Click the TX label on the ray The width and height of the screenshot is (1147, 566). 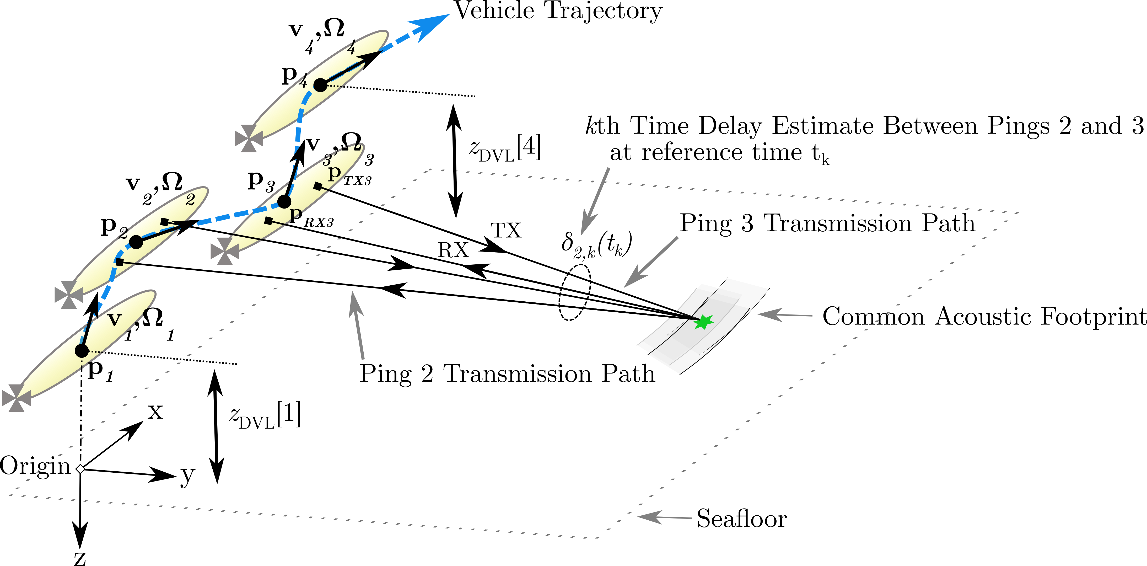click(506, 231)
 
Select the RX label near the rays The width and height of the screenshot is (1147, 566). click(453, 250)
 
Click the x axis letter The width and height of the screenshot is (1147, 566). click(155, 412)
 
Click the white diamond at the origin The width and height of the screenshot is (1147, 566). click(80, 468)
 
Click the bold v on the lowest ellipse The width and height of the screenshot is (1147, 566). click(114, 319)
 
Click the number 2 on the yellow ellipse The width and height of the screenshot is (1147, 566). click(190, 200)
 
